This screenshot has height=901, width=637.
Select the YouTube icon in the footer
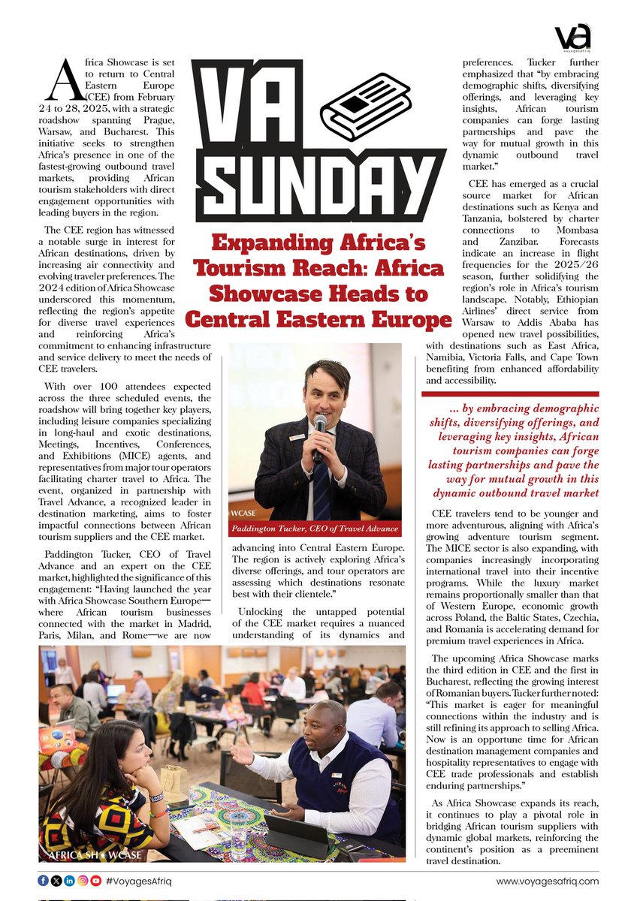[96, 881]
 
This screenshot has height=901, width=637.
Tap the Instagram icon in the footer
[83, 881]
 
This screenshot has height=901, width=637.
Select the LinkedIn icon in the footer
[69, 881]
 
